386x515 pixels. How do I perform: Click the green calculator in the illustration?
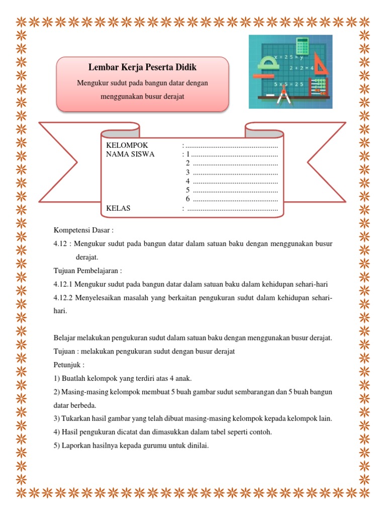tap(302, 46)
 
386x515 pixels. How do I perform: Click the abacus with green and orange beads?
tap(319, 87)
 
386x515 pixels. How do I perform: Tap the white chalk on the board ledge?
tap(270, 95)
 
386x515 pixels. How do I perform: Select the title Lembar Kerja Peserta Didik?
tap(142, 67)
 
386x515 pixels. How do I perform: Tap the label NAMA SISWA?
tap(131, 154)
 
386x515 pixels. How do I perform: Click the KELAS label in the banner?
tap(118, 208)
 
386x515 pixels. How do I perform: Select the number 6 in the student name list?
tap(187, 199)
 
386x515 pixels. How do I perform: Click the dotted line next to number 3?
tap(235, 173)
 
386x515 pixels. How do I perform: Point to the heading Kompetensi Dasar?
tap(84, 230)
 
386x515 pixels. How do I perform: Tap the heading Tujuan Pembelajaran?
tap(88, 271)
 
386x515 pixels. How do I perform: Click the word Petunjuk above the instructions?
tap(69, 364)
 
